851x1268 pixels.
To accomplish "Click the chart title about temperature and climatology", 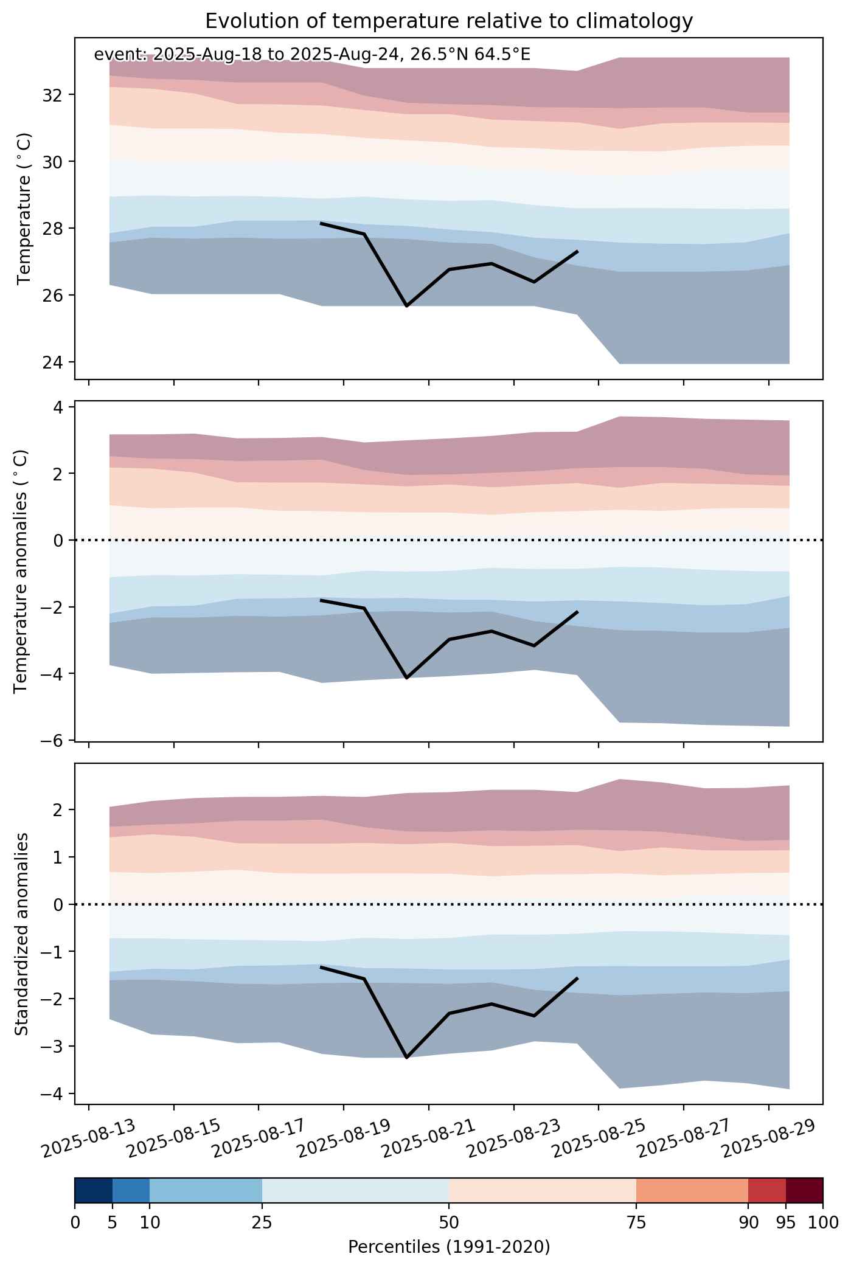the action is pyautogui.click(x=449, y=21).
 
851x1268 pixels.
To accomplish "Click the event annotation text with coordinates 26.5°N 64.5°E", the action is pyautogui.click(x=312, y=55).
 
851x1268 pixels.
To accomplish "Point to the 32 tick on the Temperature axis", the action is pyautogui.click(x=54, y=95).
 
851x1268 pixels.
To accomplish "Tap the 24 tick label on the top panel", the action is pyautogui.click(x=54, y=362).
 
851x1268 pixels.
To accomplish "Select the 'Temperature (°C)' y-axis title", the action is pyautogui.click(x=24, y=209).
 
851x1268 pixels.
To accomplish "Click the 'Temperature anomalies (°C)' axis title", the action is pyautogui.click(x=21, y=571).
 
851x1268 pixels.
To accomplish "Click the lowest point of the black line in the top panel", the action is pyautogui.click(x=406, y=306).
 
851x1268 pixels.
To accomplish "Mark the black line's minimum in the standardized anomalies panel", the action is pyautogui.click(x=406, y=1058).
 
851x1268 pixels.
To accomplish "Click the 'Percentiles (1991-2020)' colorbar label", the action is pyautogui.click(x=449, y=1247).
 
